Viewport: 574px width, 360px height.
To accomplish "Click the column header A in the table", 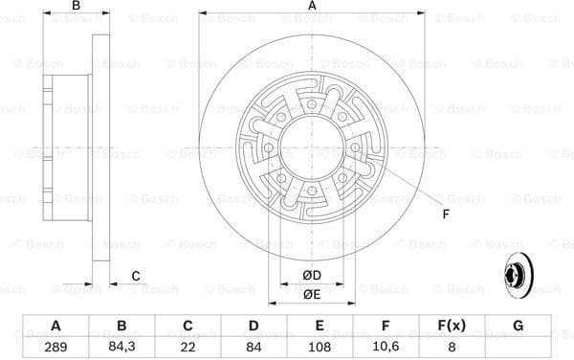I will coord(55,325).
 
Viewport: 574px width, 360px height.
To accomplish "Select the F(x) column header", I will coord(452,325).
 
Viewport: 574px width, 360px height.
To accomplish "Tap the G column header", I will coord(518,325).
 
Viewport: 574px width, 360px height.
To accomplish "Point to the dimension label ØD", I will coord(311,276).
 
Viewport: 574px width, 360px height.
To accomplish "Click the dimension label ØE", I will coord(311,296).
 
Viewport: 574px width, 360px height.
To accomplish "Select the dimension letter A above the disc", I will coord(312,8).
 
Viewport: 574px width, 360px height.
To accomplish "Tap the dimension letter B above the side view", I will coord(75,8).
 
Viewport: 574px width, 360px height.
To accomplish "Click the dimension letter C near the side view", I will coord(136,276).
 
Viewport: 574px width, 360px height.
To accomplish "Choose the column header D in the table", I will coord(254,325).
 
